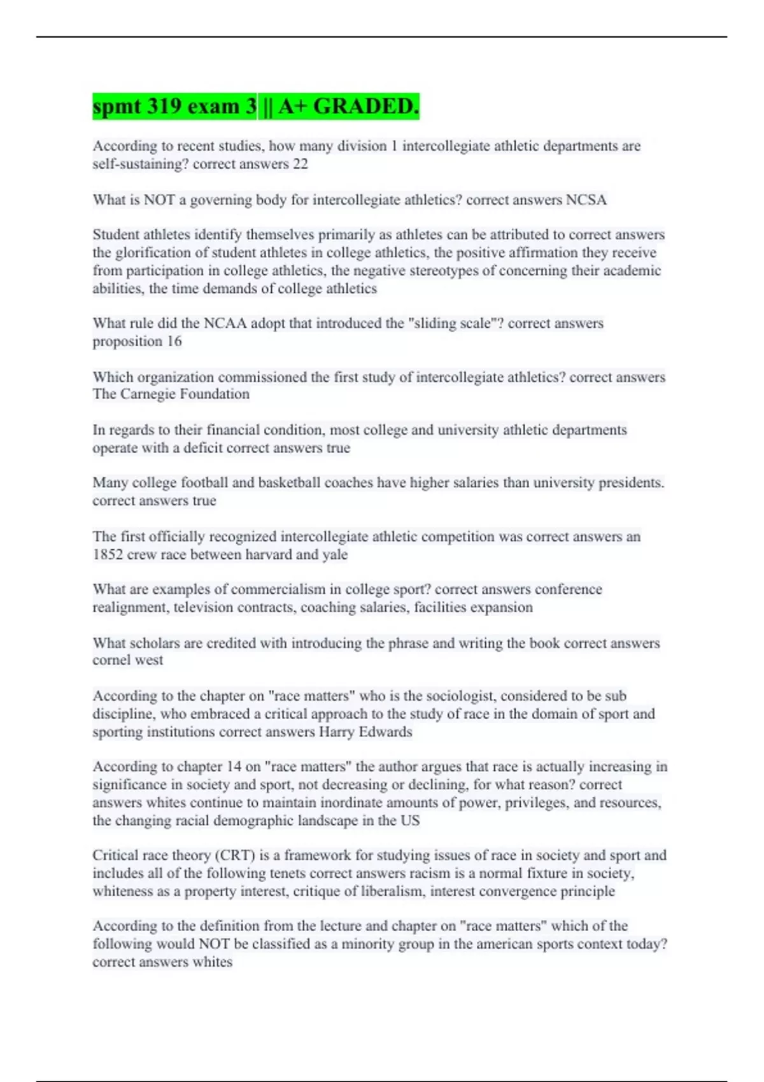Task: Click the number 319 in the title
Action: click(171, 106)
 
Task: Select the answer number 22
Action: click(300, 164)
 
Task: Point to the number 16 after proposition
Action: click(174, 341)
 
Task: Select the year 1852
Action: click(108, 554)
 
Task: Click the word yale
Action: click(335, 554)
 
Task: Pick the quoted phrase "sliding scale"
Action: click(453, 323)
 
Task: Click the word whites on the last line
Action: click(213, 962)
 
